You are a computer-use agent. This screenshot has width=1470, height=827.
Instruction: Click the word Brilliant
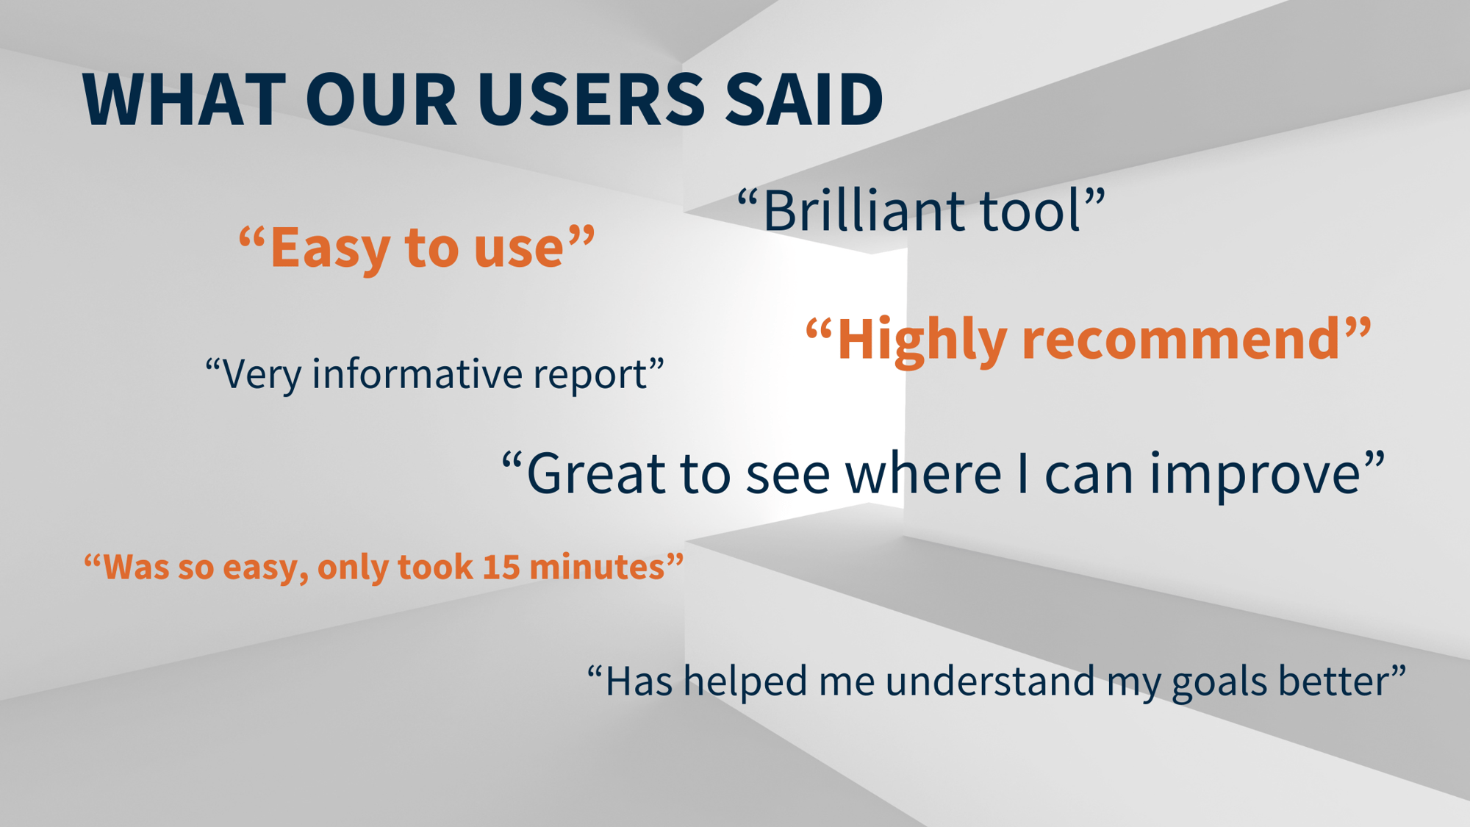(862, 211)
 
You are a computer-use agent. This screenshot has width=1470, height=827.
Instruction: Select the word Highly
(922, 340)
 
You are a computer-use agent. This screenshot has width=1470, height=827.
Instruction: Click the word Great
(596, 473)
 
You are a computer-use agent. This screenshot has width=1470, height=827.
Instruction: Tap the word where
(923, 473)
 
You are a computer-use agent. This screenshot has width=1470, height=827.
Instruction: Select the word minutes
(596, 568)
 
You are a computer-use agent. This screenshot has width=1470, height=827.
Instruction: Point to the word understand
(990, 681)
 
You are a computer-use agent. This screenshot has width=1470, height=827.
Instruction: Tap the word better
(1333, 681)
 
